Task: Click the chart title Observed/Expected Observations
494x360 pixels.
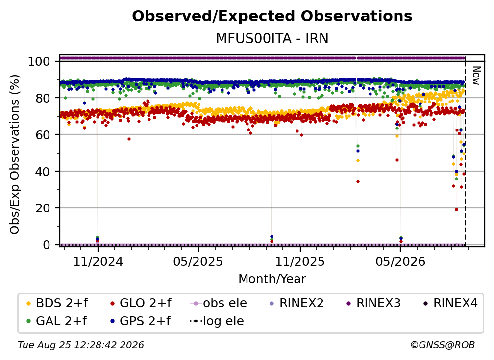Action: coord(272,16)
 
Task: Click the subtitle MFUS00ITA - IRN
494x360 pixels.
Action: coord(272,38)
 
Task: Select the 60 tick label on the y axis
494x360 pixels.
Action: coord(43,134)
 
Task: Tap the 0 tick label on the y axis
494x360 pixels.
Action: coord(47,245)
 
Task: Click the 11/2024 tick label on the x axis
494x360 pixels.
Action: coord(98,261)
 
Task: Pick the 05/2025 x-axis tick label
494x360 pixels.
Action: coord(198,261)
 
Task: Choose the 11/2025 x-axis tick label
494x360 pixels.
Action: coord(300,261)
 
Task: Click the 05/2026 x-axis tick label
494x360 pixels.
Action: coord(400,261)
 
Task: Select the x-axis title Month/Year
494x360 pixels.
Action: coord(272,279)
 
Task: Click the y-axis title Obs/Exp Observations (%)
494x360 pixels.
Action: coord(15,154)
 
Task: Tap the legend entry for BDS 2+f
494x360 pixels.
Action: coord(57,303)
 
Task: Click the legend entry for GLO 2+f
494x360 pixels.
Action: coord(141,303)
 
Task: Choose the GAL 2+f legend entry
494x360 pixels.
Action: coord(57,321)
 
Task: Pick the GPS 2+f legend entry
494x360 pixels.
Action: coord(140,321)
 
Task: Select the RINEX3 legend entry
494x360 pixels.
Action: coord(373,303)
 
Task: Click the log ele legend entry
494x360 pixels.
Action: coord(217,321)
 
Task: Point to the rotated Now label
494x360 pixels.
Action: coord(476,76)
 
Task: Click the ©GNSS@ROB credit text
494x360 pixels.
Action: coord(443,345)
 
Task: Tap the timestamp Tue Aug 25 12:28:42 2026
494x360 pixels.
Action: coord(81,345)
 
